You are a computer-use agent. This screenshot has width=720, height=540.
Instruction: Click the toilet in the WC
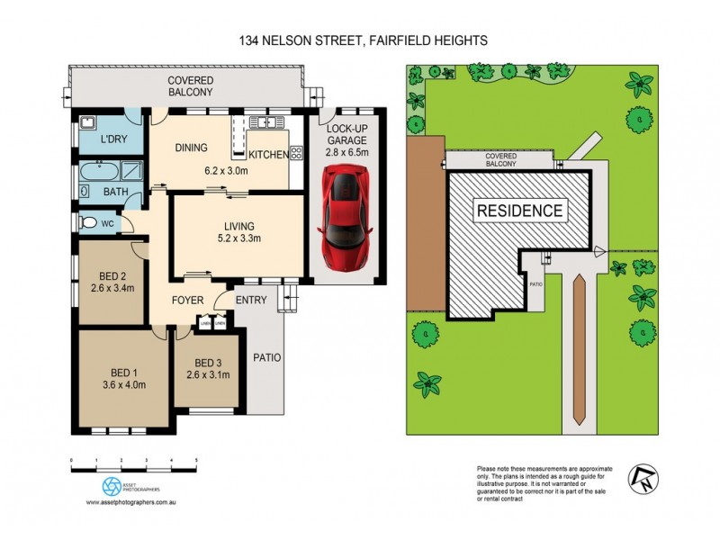(x=87, y=221)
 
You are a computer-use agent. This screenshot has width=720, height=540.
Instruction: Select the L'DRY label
(x=112, y=141)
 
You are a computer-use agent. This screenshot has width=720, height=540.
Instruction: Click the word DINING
(x=192, y=148)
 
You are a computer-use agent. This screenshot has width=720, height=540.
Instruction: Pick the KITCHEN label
(x=268, y=155)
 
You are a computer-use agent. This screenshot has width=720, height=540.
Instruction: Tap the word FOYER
(x=188, y=300)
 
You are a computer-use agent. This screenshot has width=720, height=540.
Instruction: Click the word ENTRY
(x=250, y=300)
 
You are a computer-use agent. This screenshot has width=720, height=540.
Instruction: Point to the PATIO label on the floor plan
(x=266, y=357)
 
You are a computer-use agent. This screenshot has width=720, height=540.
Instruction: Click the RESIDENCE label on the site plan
(x=520, y=211)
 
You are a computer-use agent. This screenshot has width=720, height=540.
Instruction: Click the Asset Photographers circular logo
(x=110, y=486)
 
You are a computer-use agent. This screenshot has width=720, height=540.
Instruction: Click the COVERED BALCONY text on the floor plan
(x=190, y=86)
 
